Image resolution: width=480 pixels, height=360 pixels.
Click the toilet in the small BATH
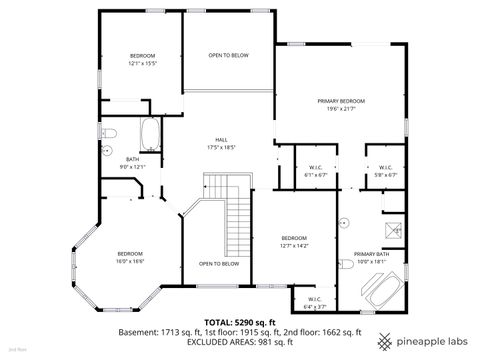tap(111, 134)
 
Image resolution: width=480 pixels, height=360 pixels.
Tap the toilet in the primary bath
tap(347, 264)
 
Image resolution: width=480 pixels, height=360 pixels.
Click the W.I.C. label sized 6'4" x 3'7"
tap(313, 302)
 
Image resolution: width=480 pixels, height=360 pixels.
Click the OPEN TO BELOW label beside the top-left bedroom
tap(228, 56)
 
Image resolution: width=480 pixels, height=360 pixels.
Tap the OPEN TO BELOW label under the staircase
tap(218, 264)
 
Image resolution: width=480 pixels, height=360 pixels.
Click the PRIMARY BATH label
tap(372, 257)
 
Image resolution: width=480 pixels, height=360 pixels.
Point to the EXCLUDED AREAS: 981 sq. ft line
tap(239, 341)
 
